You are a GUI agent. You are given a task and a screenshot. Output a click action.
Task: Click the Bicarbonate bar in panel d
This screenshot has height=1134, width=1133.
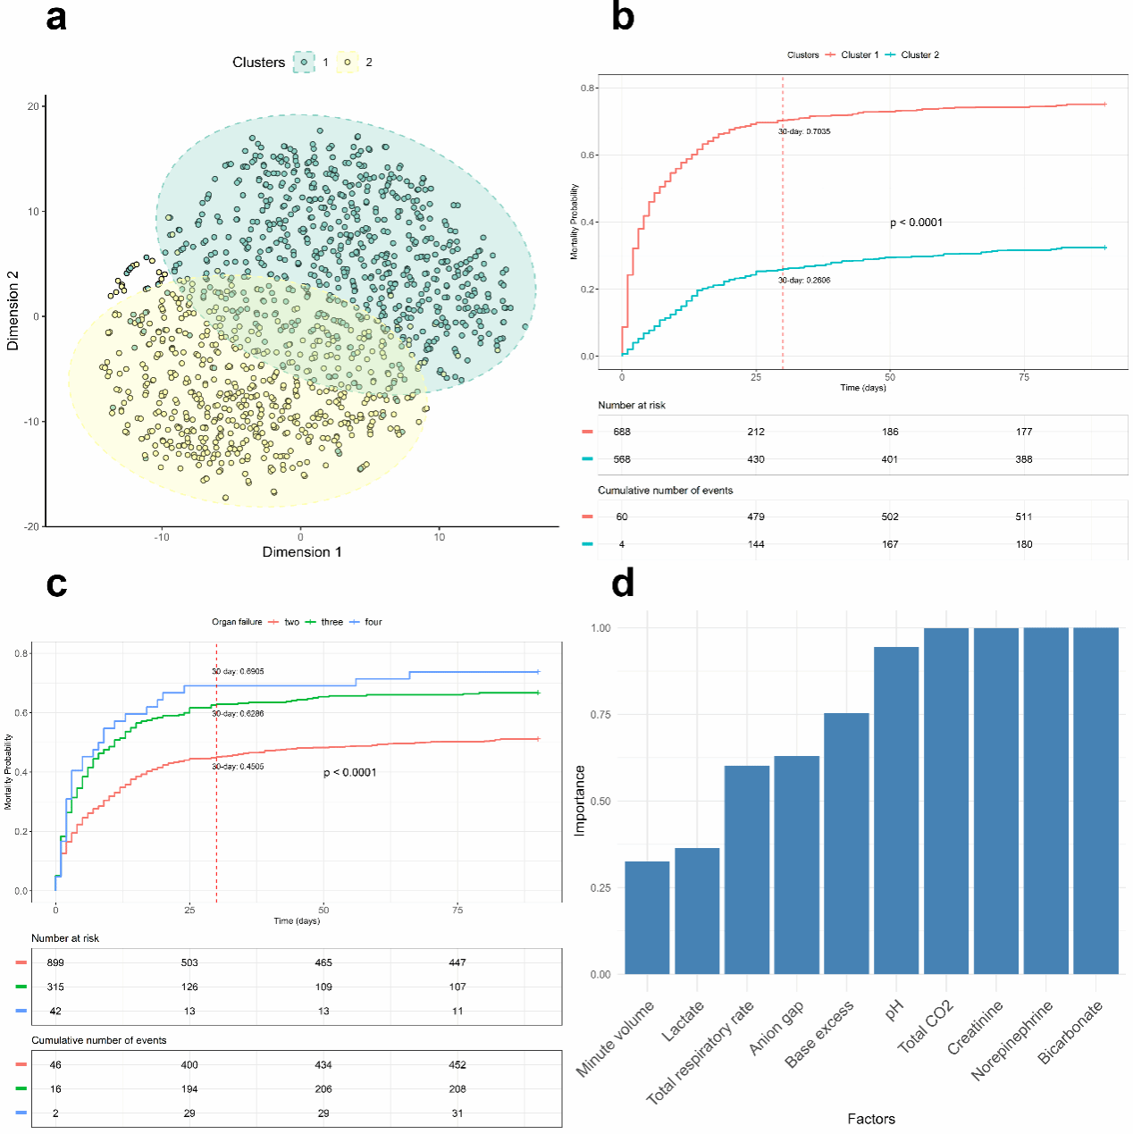point(1095,801)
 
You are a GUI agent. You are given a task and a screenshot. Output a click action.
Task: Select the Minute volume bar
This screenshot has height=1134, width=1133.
point(647,918)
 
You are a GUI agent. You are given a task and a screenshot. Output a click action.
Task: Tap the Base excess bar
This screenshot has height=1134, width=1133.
point(846,844)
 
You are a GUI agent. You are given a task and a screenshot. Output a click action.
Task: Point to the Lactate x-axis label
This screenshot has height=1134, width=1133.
point(684,1021)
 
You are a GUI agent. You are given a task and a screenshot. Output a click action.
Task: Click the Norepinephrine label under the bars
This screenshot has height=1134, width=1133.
point(1013,1040)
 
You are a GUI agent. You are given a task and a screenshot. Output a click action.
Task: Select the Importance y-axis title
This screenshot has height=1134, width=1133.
point(580,801)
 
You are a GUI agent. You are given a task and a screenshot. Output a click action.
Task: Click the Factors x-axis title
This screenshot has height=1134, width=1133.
point(871,1119)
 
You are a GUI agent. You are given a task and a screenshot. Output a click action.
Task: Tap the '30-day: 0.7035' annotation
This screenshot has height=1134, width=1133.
point(804,131)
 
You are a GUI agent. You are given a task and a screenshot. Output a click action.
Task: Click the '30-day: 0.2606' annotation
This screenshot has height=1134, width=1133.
point(804,281)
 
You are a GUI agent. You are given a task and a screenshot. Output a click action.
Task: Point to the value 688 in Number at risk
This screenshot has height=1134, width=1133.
point(622,432)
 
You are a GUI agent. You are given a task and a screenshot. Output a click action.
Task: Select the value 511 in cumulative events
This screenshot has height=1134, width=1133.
point(1024,517)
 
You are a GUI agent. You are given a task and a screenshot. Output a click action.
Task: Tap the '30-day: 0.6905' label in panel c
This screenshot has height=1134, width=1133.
point(238,671)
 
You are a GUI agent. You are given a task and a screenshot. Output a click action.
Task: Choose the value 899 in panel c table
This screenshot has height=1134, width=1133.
point(55,962)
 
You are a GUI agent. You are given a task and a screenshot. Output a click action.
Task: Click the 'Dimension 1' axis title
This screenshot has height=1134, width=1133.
point(302,552)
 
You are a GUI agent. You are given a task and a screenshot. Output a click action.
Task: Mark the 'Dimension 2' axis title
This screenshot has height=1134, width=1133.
point(13,310)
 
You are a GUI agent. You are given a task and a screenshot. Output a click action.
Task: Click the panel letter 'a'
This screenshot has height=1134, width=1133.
point(56,18)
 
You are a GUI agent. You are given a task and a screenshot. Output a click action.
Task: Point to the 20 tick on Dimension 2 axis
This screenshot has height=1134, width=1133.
point(34,106)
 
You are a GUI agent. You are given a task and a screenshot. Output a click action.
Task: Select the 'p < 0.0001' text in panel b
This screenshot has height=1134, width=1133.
point(916,223)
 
